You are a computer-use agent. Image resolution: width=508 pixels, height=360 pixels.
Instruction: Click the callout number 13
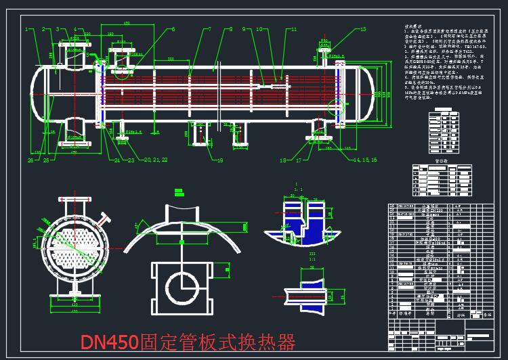(363, 29)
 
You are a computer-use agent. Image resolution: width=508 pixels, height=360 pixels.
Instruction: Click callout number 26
(30, 160)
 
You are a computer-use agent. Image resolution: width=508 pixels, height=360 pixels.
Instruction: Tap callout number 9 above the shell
(231, 30)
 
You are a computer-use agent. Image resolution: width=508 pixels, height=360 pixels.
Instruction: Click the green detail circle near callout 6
(100, 66)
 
